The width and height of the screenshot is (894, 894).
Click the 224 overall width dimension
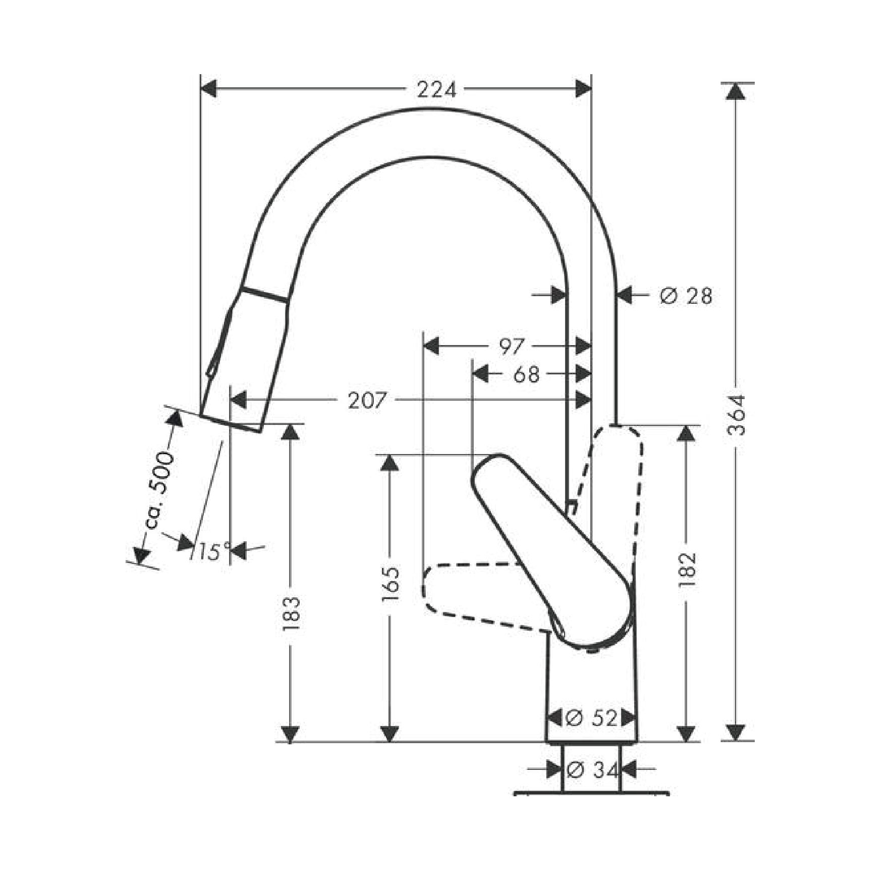[x=436, y=90]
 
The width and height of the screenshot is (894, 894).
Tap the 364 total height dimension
[x=738, y=415]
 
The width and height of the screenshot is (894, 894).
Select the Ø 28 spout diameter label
[x=686, y=296]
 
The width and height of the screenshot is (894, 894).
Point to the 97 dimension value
[x=512, y=347]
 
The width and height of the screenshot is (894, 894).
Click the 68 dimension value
[x=526, y=374]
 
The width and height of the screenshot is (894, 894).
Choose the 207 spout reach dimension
[x=367, y=401]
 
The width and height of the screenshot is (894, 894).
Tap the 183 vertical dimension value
[x=292, y=613]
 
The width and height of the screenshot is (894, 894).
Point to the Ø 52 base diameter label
[x=591, y=718]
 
